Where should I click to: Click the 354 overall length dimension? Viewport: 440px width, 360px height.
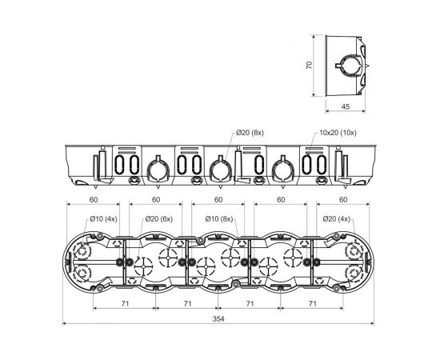[218, 318]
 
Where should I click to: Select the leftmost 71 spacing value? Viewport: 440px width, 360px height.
[124, 303]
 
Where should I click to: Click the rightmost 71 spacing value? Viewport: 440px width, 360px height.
[312, 303]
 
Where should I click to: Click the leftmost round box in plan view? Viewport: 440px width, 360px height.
[94, 262]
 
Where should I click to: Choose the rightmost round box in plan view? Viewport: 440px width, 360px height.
[343, 262]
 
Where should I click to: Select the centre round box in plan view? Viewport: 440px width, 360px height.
[218, 262]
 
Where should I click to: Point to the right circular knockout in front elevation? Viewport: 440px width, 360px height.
[281, 170]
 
